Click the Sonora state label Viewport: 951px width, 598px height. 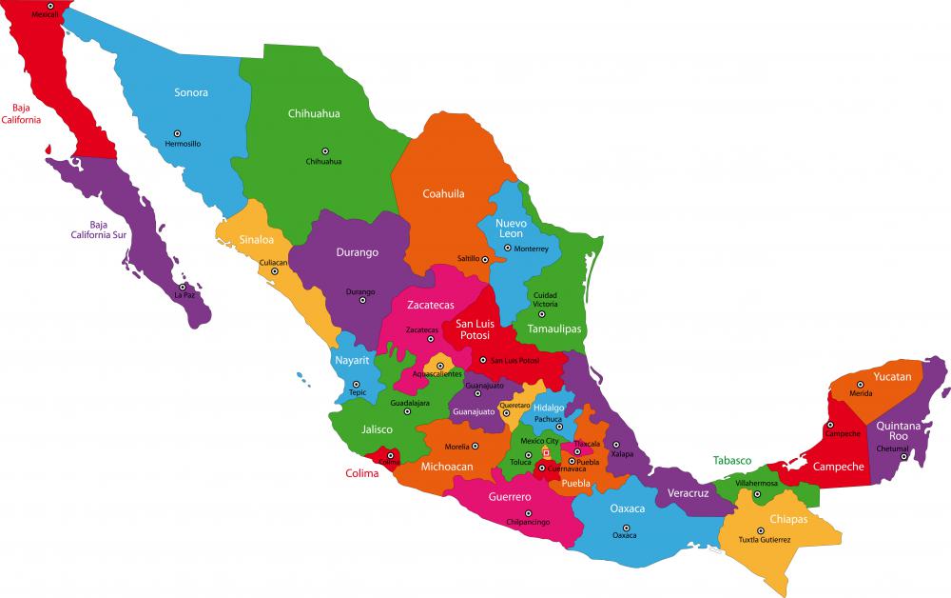(x=190, y=92)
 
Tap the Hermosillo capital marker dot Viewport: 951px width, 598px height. (x=177, y=133)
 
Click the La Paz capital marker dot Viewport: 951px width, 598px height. (x=183, y=286)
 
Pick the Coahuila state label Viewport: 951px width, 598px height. (x=443, y=193)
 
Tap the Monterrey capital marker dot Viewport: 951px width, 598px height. (x=507, y=248)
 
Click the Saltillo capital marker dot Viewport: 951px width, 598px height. (x=485, y=259)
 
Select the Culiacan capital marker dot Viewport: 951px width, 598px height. (x=275, y=271)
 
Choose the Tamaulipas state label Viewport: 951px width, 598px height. (x=553, y=329)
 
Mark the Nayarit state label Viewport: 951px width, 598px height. (x=351, y=361)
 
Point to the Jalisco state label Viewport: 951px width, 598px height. (x=377, y=429)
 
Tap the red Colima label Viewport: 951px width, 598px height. (x=361, y=472)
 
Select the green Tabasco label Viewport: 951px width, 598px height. (x=732, y=460)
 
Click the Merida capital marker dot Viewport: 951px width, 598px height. (x=862, y=385)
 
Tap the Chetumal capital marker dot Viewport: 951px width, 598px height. (x=903, y=455)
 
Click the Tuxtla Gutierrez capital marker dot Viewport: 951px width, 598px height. (x=760, y=530)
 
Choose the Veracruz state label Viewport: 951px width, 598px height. (x=688, y=493)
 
